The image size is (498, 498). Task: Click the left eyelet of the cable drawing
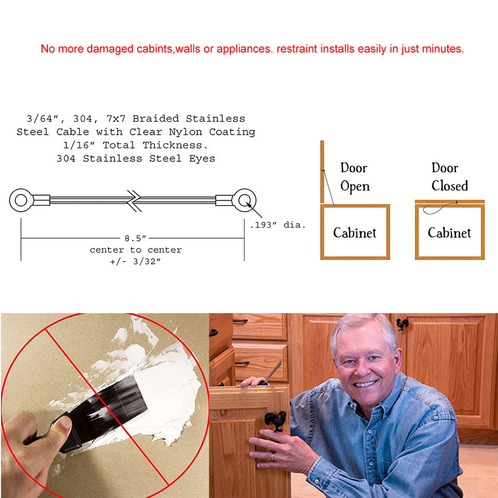pos(21,200)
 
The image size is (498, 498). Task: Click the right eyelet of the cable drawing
pos(245,200)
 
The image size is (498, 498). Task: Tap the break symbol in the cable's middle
pos(134,201)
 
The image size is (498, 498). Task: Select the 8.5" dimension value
pos(135,238)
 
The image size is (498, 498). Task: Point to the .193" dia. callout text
pos(277,225)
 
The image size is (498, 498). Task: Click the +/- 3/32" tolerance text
pos(135,261)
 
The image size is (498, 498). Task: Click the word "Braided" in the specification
pos(155,119)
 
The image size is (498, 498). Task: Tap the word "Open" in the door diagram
pos(355,186)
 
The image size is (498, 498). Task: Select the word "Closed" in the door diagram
pos(449,186)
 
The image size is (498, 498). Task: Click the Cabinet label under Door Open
pos(355,233)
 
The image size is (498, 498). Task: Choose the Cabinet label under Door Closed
pos(449,233)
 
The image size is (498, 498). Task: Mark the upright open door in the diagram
pos(322,172)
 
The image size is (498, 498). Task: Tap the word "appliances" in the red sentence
pos(244,49)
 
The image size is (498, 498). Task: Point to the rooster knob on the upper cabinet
pos(402,325)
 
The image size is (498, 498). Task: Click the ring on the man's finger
pos(272,456)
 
